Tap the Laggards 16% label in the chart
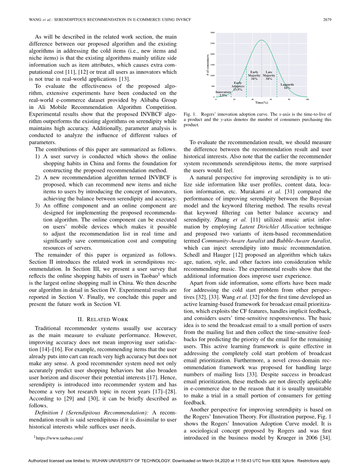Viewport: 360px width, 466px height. click(287, 86)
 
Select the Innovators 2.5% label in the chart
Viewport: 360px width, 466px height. click(223, 94)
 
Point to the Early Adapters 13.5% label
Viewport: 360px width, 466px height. click(238, 86)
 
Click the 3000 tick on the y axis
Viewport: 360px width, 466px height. click(213, 33)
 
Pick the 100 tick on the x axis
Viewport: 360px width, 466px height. click(307, 99)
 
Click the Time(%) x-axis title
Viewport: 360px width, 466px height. click(261, 103)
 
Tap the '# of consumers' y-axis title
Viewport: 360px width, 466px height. click(208, 65)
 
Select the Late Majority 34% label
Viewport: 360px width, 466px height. click(269, 75)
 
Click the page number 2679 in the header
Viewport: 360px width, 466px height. click(327, 20)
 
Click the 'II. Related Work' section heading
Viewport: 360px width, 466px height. click(102, 319)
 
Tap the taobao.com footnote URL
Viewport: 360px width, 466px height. click(59, 438)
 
